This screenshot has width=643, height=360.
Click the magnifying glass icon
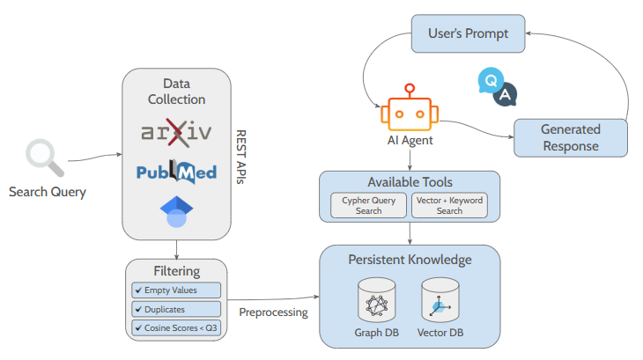click(42, 156)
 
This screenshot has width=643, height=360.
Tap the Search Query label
click(48, 191)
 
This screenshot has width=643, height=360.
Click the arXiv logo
click(176, 134)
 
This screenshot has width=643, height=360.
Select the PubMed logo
click(176, 171)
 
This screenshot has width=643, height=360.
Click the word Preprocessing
click(273, 312)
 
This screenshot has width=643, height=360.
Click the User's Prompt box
click(468, 33)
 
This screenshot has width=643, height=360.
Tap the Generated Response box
click(570, 137)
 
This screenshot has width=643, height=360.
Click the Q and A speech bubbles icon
click(497, 85)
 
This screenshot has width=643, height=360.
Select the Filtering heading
click(176, 271)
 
